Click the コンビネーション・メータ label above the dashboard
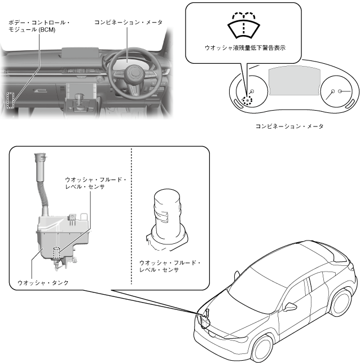[128, 22]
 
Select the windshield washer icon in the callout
[244, 24]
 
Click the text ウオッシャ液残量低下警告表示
[244, 49]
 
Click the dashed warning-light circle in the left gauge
[247, 98]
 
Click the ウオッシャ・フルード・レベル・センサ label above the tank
[96, 183]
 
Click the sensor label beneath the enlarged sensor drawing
[170, 266]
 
